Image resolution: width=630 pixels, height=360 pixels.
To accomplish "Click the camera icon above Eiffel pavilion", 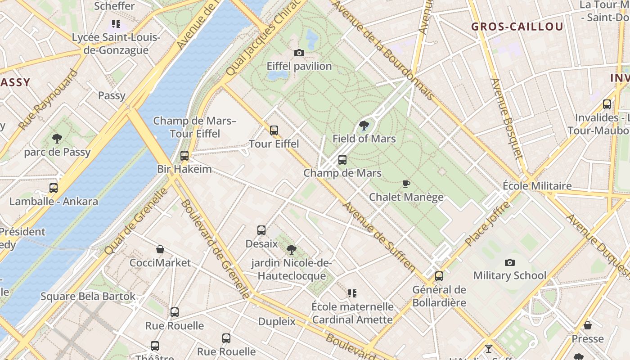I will click(299, 53).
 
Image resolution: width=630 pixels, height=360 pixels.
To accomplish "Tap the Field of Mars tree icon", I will click(364, 126).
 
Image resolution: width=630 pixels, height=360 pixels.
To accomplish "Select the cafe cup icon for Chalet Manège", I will click(406, 184).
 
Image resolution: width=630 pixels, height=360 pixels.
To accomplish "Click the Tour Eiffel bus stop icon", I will click(274, 130).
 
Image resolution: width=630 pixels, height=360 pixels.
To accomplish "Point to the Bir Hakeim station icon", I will click(184, 156).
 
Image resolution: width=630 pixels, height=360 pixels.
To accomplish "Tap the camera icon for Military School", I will click(509, 262).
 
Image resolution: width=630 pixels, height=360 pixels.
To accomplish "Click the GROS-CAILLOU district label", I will click(517, 27).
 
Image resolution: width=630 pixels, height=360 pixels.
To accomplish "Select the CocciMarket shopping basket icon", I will click(160, 249).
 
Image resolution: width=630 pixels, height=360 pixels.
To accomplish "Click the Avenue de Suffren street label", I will click(379, 237).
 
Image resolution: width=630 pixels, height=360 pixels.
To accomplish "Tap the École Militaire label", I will click(537, 186).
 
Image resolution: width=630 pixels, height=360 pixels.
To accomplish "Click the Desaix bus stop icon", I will click(261, 230).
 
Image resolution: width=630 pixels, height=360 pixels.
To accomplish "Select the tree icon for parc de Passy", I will click(57, 139).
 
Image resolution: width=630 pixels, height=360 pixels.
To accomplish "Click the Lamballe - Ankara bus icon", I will click(54, 188).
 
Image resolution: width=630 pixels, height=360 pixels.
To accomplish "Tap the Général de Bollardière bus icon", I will click(439, 276).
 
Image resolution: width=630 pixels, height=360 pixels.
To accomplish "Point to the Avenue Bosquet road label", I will click(507, 118).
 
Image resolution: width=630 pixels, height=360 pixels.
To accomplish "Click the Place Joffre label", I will click(488, 224).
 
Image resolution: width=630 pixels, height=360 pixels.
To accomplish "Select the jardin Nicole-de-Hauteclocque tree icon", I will click(291, 249).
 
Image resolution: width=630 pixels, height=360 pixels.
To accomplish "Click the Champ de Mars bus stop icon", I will click(342, 160).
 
